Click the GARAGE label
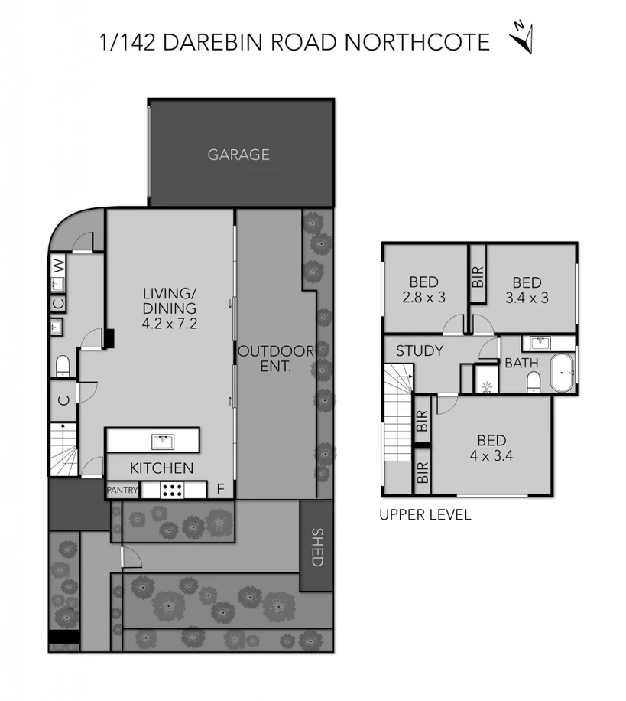(x=238, y=155)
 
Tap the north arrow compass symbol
(x=522, y=36)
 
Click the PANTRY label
(x=122, y=490)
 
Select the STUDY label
(x=420, y=351)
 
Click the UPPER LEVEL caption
(x=425, y=515)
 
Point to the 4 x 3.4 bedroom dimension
(x=491, y=457)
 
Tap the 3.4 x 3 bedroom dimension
(x=527, y=297)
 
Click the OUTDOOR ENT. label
(x=276, y=358)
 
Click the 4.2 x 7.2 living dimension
(x=170, y=323)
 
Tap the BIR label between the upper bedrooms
(x=478, y=276)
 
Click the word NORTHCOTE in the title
(x=418, y=42)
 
